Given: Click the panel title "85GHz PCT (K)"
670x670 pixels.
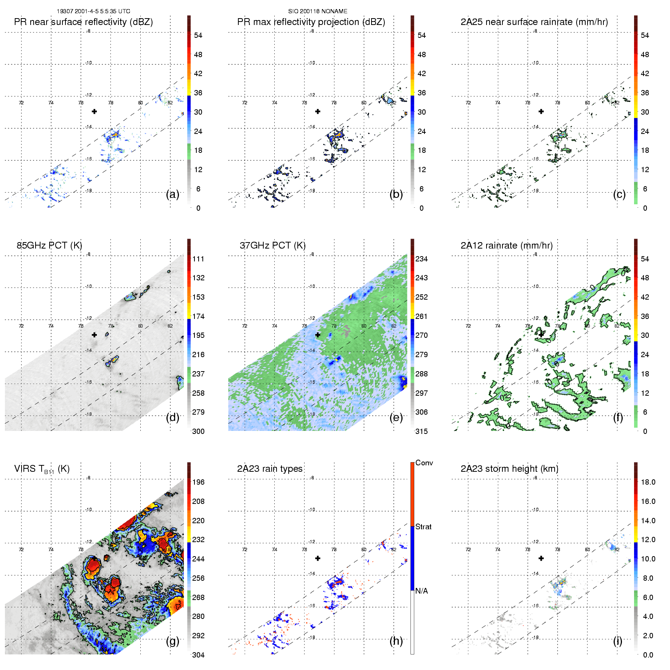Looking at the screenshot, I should (x=49, y=246).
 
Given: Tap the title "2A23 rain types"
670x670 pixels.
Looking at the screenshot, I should (x=270, y=469).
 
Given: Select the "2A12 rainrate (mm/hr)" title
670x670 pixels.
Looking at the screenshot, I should (x=507, y=246).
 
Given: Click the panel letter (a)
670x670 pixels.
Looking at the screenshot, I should (x=173, y=194).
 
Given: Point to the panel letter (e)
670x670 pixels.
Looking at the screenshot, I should (x=396, y=417).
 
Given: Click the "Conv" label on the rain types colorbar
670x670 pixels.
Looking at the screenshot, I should (x=424, y=463).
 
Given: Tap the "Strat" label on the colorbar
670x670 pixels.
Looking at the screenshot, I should (x=423, y=527).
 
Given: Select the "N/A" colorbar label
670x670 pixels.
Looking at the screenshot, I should (x=421, y=591).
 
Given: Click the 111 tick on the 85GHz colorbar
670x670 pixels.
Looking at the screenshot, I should (x=198, y=259).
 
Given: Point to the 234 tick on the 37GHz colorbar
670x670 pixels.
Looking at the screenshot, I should (x=421, y=259).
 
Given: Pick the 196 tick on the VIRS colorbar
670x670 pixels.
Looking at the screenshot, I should (x=198, y=482).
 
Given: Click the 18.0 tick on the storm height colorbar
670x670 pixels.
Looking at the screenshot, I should (x=648, y=482).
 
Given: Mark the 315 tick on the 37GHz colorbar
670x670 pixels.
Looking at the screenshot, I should (x=421, y=431).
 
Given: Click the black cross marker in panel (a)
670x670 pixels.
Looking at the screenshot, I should (x=94, y=111).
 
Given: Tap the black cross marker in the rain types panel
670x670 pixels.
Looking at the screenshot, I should (x=318, y=558).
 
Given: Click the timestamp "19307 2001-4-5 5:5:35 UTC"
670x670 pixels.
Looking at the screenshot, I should (x=93, y=11).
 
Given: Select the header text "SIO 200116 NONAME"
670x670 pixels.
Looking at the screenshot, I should (x=318, y=11).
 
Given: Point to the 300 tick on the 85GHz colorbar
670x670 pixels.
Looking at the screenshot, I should (x=198, y=431).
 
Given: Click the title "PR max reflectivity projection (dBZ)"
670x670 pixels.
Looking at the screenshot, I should (x=311, y=22).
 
